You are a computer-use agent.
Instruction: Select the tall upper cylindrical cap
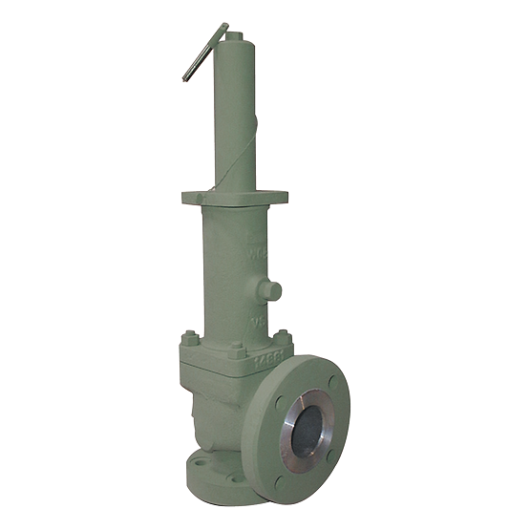[x=235, y=115]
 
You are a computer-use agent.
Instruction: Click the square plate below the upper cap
[x=234, y=198]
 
